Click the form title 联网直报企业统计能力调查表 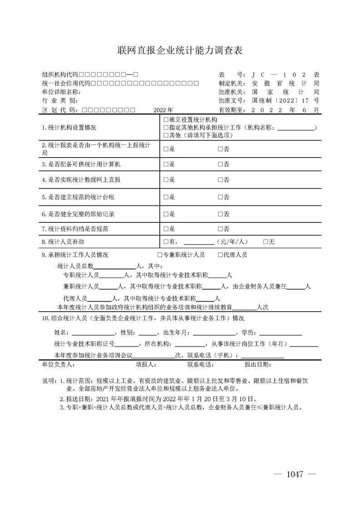(x=180, y=50)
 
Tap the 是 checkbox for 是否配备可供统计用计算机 (x=166, y=164)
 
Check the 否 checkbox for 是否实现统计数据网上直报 (x=220, y=180)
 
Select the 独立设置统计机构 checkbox (x=166, y=120)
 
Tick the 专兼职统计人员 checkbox (x=160, y=255)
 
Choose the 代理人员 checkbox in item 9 (x=220, y=255)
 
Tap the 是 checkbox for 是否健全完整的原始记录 (x=166, y=214)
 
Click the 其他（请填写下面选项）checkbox (x=166, y=135)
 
